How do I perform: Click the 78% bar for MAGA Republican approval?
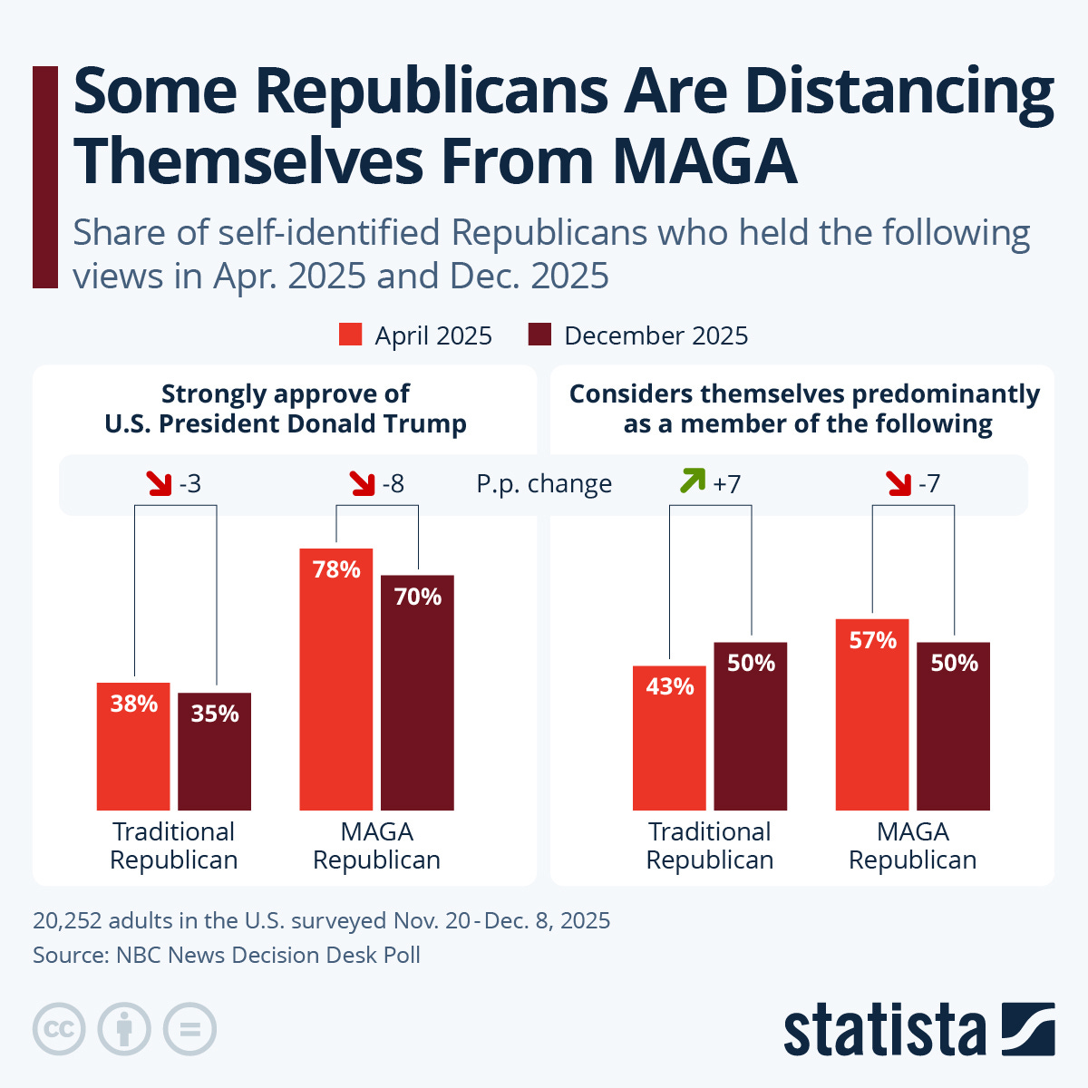335,680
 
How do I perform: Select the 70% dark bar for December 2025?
417,694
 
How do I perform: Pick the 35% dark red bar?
214,752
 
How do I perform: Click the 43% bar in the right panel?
669,739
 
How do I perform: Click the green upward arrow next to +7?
692,481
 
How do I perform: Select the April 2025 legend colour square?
351,335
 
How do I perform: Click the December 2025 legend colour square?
539,335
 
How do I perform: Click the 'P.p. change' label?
544,484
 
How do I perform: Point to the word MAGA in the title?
704,160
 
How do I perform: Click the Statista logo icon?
1028,1029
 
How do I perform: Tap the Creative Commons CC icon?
59,1029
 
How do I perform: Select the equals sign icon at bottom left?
190,1029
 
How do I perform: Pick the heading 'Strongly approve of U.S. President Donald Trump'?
285,409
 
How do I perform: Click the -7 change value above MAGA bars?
928,484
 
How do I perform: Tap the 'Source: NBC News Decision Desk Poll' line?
227,955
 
